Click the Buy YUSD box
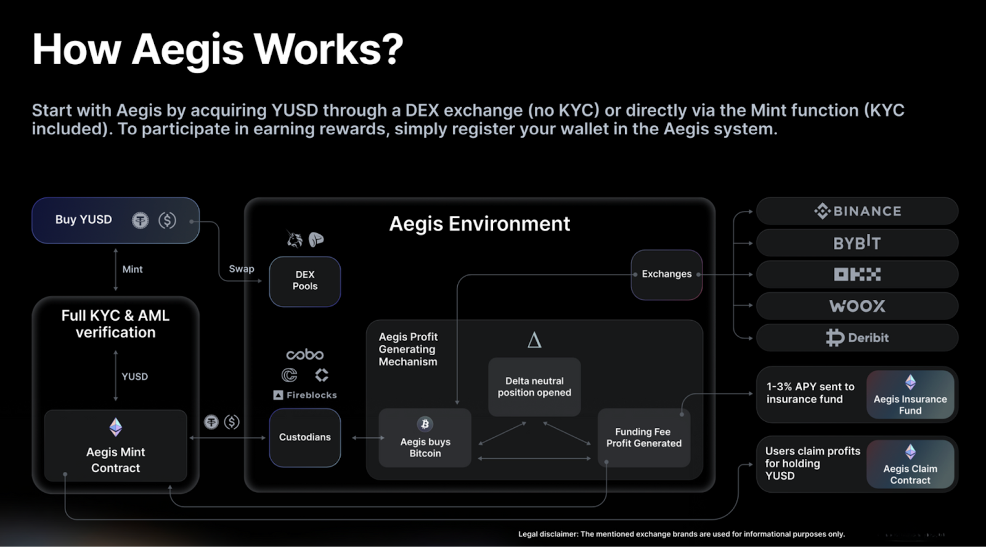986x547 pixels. pyautogui.click(x=115, y=220)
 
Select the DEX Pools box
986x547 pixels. pyautogui.click(x=304, y=281)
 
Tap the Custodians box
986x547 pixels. pyautogui.click(x=304, y=437)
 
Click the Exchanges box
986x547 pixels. pyautogui.click(x=666, y=274)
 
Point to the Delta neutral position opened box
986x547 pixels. pyautogui.click(x=534, y=387)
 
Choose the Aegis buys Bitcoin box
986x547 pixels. pyautogui.click(x=425, y=438)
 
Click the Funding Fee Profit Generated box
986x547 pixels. pyautogui.click(x=643, y=437)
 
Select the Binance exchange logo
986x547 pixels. pyautogui.click(x=857, y=212)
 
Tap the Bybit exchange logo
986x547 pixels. pyautogui.click(x=857, y=243)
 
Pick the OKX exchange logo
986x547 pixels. pyautogui.click(x=857, y=274)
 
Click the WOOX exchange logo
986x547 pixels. pyautogui.click(x=857, y=306)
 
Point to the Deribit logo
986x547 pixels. pyautogui.click(x=857, y=337)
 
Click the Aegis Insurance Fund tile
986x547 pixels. pyautogui.click(x=910, y=395)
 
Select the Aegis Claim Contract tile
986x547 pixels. pyautogui.click(x=910, y=464)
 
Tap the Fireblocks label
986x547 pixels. pyautogui.click(x=305, y=395)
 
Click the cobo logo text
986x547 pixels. pyautogui.click(x=304, y=355)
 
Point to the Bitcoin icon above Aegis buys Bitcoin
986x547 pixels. pyautogui.click(x=425, y=424)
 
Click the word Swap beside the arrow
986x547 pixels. pyautogui.click(x=241, y=269)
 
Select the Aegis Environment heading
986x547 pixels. pyautogui.click(x=479, y=224)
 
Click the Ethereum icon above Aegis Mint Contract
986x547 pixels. pyautogui.click(x=115, y=427)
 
